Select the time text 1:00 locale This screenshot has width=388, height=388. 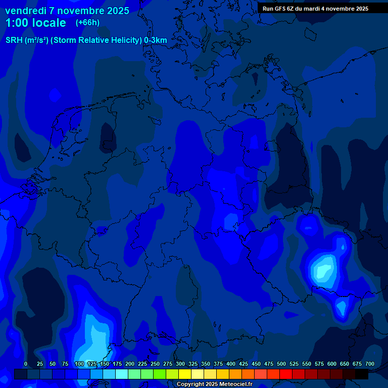tap(35, 23)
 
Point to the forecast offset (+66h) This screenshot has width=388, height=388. tap(87, 23)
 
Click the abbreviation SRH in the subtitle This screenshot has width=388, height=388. tap(14, 40)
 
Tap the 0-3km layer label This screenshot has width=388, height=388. tap(155, 40)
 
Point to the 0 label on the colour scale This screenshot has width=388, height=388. tap(26, 364)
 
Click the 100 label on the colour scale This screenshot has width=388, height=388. tap(79, 364)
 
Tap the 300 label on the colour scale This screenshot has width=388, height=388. tap(180, 364)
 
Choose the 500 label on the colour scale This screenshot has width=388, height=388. tap(281, 364)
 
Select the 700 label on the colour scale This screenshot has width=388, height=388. tap(370, 364)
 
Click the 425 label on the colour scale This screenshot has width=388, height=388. tap(244, 364)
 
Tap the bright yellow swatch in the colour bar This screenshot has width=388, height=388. tap(185, 374)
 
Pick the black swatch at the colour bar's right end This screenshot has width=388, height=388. tap(362, 374)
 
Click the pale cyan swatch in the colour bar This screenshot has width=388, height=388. tap(122, 374)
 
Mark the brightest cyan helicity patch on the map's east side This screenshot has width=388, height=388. tap(322, 269)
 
